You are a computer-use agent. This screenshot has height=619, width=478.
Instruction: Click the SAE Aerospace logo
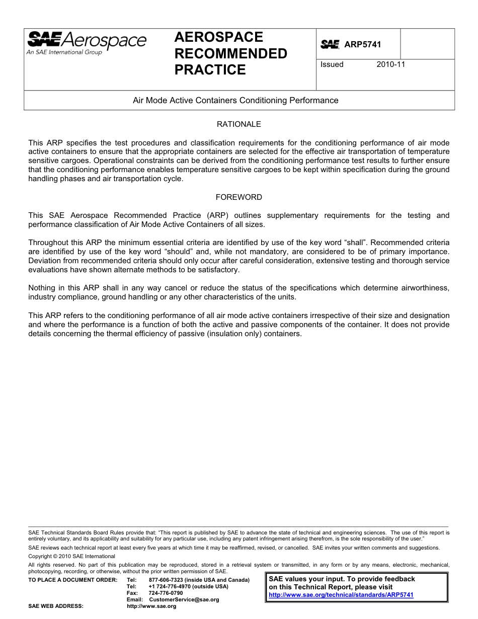(x=87, y=40)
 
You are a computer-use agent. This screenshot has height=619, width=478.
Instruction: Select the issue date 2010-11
(x=391, y=64)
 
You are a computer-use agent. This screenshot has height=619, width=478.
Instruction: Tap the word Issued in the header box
(x=332, y=64)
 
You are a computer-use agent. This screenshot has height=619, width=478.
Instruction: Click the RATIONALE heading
(x=238, y=124)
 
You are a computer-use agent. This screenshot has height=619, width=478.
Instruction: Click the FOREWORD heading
(x=238, y=197)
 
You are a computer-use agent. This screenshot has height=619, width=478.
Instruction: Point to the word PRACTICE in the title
(x=210, y=70)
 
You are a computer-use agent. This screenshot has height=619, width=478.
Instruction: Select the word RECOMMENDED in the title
(x=230, y=53)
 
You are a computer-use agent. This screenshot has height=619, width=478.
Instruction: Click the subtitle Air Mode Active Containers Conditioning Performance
(x=235, y=100)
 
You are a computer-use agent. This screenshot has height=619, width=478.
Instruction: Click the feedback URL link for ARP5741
(x=341, y=595)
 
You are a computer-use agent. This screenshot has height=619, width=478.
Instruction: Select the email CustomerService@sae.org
(x=184, y=599)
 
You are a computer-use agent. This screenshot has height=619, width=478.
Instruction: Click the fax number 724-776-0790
(x=166, y=593)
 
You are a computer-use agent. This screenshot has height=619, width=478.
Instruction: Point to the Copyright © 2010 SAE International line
(x=71, y=556)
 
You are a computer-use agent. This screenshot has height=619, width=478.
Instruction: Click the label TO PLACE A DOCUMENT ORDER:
(x=72, y=580)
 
